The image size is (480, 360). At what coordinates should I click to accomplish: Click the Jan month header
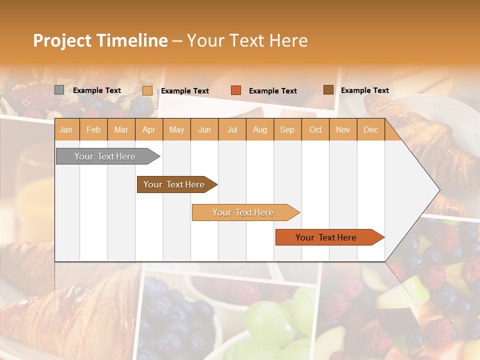click(66, 129)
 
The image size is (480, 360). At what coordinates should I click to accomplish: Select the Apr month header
click(148, 129)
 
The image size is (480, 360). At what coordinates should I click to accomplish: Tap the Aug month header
click(259, 129)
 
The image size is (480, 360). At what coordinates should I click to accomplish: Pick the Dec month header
click(370, 129)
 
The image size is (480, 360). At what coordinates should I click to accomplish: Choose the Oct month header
click(315, 129)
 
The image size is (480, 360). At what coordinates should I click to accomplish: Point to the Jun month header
click(204, 129)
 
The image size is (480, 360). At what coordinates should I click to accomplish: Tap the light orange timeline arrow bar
click(243, 212)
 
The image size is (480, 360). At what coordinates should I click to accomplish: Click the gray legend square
click(59, 90)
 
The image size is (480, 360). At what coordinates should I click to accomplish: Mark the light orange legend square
click(147, 90)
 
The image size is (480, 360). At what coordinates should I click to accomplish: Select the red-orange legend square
click(236, 90)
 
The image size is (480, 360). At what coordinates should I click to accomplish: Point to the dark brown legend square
click(328, 90)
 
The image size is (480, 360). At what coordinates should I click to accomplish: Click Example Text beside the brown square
click(364, 90)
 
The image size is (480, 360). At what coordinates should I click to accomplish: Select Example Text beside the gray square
click(97, 90)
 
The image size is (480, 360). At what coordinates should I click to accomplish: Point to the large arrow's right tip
click(438, 190)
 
